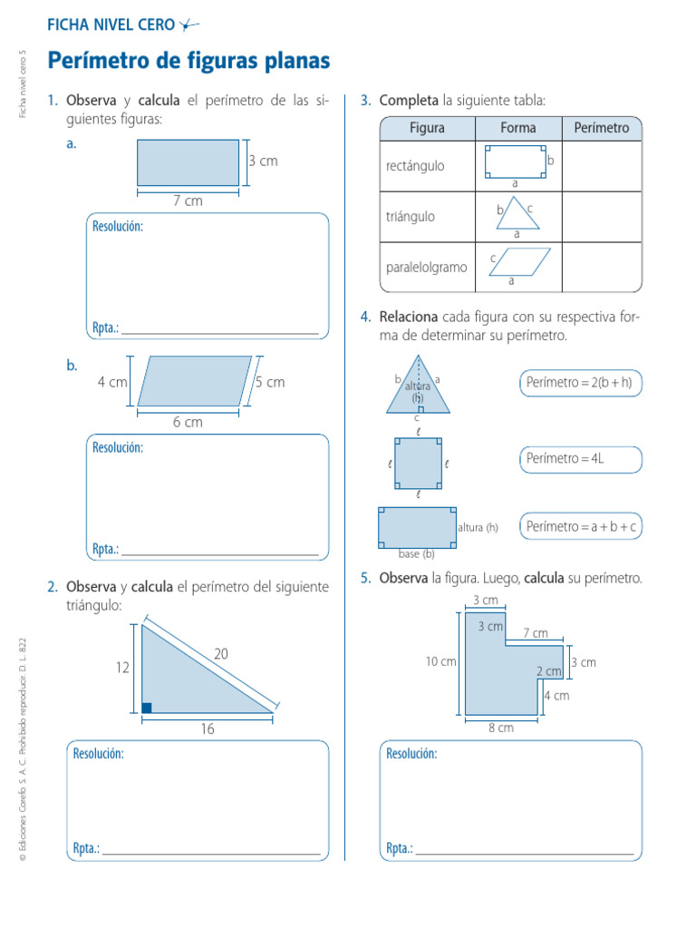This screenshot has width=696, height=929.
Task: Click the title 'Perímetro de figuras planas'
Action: [x=188, y=62]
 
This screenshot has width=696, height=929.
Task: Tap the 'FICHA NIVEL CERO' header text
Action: [x=111, y=25]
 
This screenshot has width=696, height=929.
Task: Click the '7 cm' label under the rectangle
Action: [x=188, y=200]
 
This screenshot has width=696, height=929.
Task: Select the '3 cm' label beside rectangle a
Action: [x=263, y=161]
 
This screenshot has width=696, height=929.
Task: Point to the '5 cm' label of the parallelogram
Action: [x=270, y=382]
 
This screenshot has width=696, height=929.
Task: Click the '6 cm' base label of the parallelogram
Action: [x=188, y=422]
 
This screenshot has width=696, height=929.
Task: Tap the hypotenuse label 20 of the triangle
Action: [x=221, y=652]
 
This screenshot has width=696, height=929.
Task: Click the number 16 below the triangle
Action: [x=208, y=729]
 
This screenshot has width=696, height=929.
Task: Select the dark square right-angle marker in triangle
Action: [x=147, y=708]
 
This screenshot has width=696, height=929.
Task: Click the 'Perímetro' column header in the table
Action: [x=601, y=128]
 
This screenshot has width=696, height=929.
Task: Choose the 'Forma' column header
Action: [x=518, y=128]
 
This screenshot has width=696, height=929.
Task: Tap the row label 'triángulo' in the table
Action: [x=411, y=217]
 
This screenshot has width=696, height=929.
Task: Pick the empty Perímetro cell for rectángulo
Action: [x=602, y=166]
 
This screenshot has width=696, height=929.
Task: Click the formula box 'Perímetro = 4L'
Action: [x=579, y=459]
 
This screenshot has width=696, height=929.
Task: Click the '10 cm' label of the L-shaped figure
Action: [x=441, y=661]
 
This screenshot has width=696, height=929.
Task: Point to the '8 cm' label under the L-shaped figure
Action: [x=500, y=728]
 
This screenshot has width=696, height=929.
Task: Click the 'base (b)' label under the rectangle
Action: [x=417, y=554]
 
